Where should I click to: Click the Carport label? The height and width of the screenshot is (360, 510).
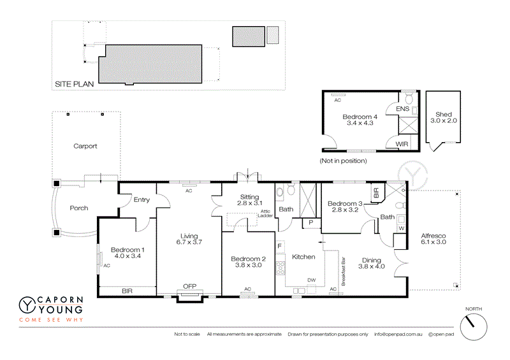coord(85,146)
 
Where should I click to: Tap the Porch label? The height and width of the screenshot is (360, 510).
coord(79,208)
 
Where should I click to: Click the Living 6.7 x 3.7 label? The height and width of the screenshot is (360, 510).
coord(189,238)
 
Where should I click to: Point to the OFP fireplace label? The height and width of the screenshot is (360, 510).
coord(189,286)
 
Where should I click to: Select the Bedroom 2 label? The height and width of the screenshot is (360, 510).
coord(247,262)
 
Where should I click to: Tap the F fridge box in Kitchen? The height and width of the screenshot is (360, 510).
coord(279,245)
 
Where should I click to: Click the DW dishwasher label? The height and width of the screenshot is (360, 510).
coord(312,280)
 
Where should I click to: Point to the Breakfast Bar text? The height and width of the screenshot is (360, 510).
coord(344,271)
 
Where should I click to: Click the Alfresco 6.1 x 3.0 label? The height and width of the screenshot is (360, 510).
coord(433,239)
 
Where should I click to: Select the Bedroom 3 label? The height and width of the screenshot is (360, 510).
coord(344,207)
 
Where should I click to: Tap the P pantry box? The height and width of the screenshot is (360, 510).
coord(312,222)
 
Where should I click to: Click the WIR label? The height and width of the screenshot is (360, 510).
coord(402,145)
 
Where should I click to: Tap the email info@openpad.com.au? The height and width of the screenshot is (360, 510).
coord(398,334)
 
